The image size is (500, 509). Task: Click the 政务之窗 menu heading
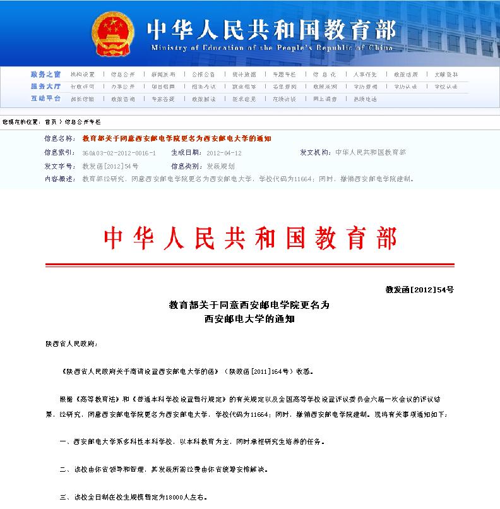(46, 74)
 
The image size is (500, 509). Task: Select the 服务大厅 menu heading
(46, 86)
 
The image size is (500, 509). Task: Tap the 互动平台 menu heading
(46, 99)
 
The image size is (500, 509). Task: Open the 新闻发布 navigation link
(164, 74)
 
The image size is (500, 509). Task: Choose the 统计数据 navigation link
(244, 74)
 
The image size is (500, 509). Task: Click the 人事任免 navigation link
(365, 74)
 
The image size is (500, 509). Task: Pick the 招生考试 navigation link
(203, 87)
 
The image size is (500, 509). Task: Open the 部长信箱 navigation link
(82, 99)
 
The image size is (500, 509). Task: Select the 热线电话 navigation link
(365, 99)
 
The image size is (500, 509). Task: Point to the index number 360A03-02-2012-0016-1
(119, 153)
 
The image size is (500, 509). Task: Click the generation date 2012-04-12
(224, 153)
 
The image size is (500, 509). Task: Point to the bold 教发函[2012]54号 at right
(419, 290)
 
